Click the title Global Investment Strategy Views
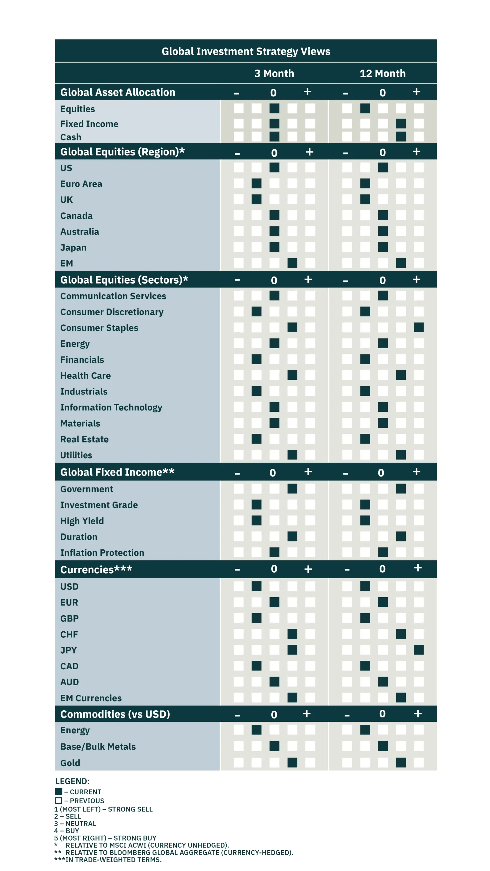click(246, 52)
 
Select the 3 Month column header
click(274, 73)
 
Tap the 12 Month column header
click(382, 73)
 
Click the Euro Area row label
click(81, 184)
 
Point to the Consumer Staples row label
click(99, 328)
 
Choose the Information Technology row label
click(111, 407)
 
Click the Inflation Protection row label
click(102, 552)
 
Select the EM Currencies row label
click(91, 698)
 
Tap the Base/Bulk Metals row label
click(98, 747)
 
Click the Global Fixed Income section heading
click(117, 472)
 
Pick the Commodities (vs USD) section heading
click(115, 714)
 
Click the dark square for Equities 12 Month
click(365, 109)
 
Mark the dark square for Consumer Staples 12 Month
click(418, 327)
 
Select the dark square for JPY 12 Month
click(418, 650)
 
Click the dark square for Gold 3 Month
click(292, 762)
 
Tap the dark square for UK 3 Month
click(256, 200)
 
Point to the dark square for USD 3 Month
click(256, 586)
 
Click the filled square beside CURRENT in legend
click(59, 792)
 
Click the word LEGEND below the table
click(72, 781)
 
